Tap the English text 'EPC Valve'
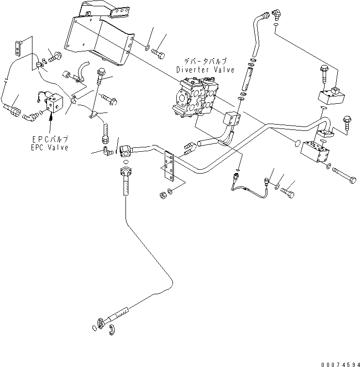pos(48,147)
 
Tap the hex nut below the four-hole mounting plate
pos(163,195)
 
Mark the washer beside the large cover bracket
pos(146,48)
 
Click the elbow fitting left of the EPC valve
pos(33,116)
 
